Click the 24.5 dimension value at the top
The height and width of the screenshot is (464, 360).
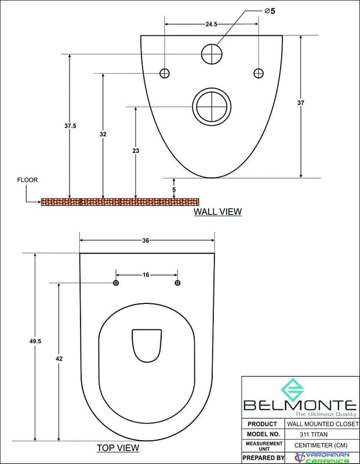[211, 24]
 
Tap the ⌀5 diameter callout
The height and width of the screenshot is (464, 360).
[270, 11]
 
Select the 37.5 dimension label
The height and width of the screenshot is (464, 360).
[70, 126]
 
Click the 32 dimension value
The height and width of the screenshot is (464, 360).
[103, 135]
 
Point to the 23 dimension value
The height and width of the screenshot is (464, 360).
[136, 151]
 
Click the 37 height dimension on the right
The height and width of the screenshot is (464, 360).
[300, 103]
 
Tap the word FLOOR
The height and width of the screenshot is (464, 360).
[27, 180]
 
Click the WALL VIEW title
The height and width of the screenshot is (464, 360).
[218, 212]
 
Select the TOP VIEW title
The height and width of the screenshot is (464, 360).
[118, 448]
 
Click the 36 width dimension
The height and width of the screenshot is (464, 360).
[146, 241]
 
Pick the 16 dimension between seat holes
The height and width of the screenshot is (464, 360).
[146, 275]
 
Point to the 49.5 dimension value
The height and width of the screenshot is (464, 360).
[35, 341]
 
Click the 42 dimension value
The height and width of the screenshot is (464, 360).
[59, 358]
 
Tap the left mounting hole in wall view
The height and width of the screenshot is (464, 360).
[165, 73]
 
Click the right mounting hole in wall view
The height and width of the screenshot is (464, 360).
[259, 73]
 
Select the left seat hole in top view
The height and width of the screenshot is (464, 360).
[116, 283]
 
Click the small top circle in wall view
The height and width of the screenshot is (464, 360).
[212, 54]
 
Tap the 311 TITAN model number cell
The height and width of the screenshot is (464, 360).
[314, 434]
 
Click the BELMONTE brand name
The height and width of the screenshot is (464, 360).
[300, 405]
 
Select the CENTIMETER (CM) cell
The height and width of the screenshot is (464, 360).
[321, 445]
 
